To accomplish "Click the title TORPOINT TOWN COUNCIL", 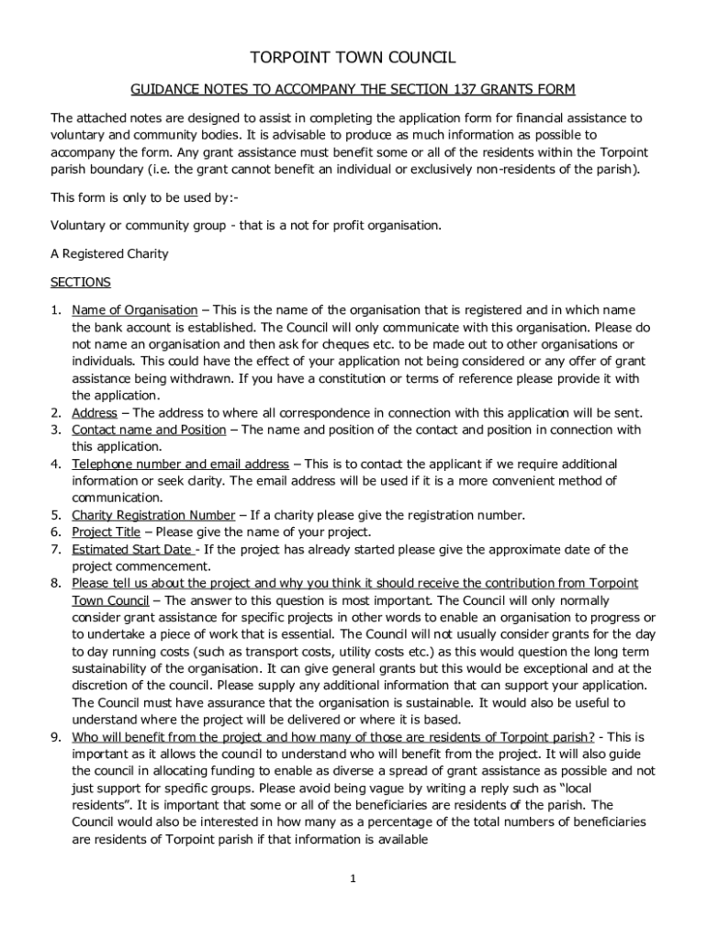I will tap(353, 58).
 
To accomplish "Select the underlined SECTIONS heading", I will tap(81, 282).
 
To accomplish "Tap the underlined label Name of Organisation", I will tap(134, 310).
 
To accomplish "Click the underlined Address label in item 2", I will tap(95, 413).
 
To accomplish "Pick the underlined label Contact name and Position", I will tap(149, 430).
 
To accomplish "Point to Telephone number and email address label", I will tap(180, 464).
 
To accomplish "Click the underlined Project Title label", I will tap(107, 532).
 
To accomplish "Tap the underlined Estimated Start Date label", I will tap(132, 550).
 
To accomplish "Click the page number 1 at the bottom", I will tap(352, 878).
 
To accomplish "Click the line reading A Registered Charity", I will tap(109, 253).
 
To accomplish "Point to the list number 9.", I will tap(55, 737).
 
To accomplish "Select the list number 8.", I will tap(55, 584).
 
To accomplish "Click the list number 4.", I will tap(55, 464).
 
